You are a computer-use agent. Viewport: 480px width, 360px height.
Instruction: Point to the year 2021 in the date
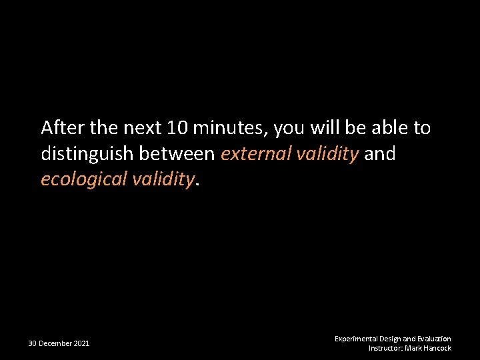(x=81, y=343)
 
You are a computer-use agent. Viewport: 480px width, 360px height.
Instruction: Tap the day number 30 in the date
(x=32, y=343)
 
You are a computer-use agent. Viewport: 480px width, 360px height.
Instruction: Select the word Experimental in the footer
(x=356, y=339)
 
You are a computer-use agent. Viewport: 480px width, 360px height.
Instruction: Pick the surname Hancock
(x=437, y=348)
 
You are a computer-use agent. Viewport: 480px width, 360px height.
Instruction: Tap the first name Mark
(x=413, y=348)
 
